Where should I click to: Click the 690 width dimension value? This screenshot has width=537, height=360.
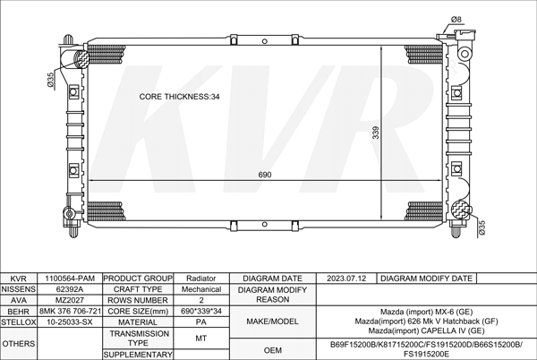tap(265, 175)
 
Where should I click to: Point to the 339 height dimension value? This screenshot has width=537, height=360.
tap(376, 133)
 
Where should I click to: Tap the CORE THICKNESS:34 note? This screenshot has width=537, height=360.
tap(179, 97)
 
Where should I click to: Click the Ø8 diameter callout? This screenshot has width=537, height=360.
tap(456, 20)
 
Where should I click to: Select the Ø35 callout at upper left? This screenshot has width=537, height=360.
tap(50, 81)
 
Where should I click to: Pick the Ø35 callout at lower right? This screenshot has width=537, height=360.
tap(482, 227)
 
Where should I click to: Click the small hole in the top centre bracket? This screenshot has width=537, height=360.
tap(264, 41)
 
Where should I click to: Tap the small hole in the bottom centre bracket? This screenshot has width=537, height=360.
tap(264, 225)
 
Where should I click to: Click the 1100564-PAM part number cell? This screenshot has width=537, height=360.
tap(70, 279)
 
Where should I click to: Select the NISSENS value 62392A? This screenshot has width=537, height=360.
tap(70, 289)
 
